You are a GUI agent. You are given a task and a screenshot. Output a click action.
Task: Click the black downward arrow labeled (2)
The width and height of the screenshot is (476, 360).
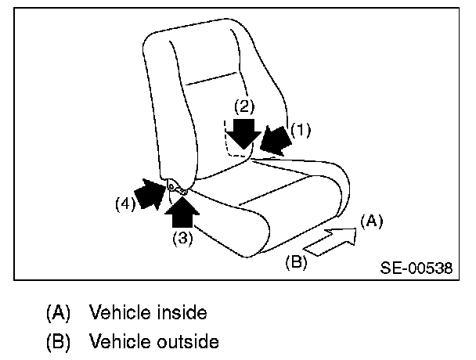246,132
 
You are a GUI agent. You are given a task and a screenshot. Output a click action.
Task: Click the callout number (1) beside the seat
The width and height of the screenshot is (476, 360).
301,131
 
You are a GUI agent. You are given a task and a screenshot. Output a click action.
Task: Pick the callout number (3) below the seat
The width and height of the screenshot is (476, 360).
182,238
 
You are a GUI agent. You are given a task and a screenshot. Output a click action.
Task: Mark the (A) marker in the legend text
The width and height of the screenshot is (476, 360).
59,313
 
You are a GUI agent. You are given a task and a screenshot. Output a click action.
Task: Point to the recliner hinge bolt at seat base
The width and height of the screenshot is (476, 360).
171,186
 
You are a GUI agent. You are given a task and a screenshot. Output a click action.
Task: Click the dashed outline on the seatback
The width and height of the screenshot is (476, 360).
228,141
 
